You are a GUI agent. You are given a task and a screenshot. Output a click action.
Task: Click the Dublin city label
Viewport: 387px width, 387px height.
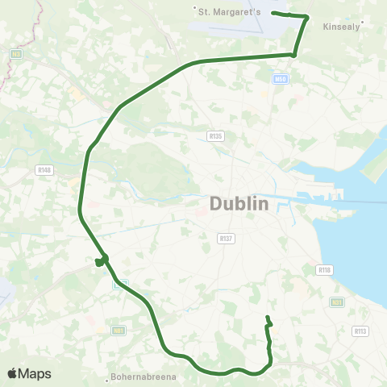click(239, 204)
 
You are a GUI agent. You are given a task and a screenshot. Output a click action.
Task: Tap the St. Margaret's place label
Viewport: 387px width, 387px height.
click(232, 10)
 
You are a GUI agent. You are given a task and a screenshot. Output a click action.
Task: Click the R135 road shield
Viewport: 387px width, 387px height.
click(214, 136)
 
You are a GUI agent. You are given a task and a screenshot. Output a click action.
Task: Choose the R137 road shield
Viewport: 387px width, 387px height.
click(226, 238)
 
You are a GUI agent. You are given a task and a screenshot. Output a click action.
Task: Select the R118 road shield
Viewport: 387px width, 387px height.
click(325, 269)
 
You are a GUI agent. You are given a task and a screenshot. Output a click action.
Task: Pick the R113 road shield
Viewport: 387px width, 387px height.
click(360, 331)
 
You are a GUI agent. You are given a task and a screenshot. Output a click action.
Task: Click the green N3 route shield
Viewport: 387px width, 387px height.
click(15, 54)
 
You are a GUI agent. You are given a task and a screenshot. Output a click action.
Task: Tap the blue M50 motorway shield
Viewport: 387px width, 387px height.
click(281, 79)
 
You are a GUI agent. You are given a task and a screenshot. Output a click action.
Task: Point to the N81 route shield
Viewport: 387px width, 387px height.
click(118, 330)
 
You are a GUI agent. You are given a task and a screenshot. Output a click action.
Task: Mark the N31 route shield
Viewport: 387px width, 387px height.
click(336, 302)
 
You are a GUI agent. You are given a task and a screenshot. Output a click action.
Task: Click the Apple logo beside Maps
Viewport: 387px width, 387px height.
click(13, 373)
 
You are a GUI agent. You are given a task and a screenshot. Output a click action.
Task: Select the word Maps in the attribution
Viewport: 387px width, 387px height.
click(35, 373)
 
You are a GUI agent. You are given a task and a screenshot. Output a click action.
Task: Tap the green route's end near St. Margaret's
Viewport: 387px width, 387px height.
click(273, 13)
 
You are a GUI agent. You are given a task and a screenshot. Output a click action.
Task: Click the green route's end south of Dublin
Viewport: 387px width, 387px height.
click(267, 317)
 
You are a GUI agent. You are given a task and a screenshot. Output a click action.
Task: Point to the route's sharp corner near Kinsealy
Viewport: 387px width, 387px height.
click(308, 17)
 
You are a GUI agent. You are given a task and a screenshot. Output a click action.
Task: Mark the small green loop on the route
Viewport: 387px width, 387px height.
click(101, 260)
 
